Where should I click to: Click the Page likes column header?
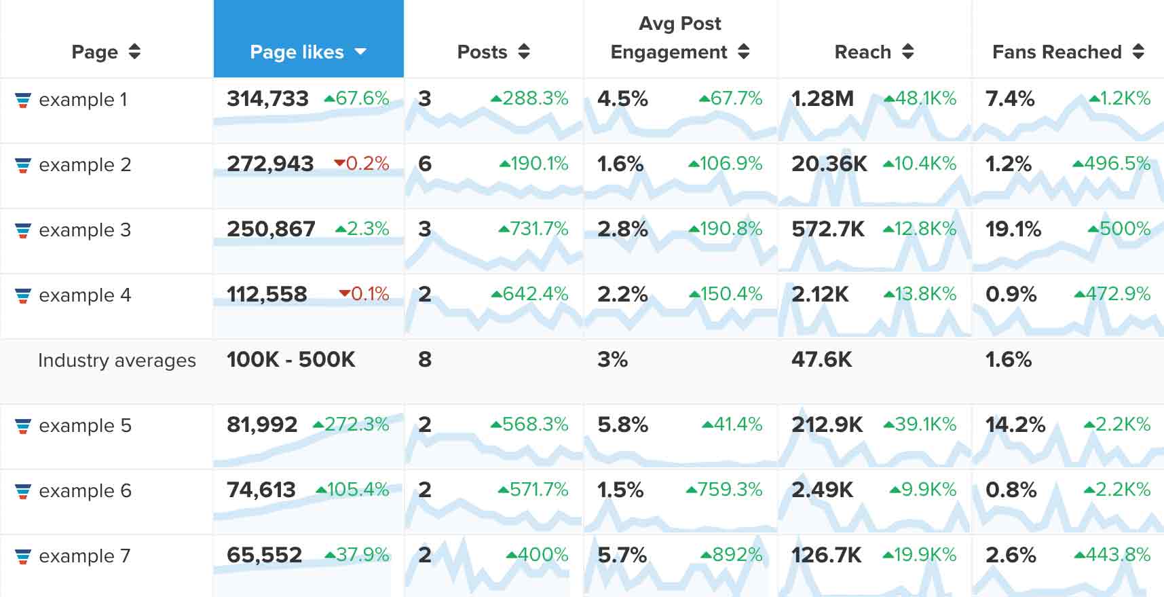click(x=307, y=52)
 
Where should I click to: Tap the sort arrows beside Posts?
click(x=523, y=52)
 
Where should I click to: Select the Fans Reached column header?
click(x=1067, y=52)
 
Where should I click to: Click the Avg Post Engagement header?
click(x=679, y=39)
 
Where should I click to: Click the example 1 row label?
click(x=83, y=100)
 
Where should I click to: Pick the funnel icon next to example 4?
click(x=23, y=295)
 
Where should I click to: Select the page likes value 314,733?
click(x=267, y=99)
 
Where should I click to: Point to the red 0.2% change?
click(x=362, y=164)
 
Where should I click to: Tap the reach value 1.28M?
click(x=822, y=99)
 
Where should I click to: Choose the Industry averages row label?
click(x=117, y=360)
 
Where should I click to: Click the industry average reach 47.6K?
click(x=821, y=359)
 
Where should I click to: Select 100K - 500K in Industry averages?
click(x=290, y=359)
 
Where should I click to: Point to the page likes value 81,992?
click(x=262, y=425)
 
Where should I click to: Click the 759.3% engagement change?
click(x=725, y=490)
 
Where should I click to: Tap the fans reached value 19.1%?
click(x=1013, y=230)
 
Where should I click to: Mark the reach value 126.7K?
click(x=826, y=556)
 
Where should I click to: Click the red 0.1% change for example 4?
click(x=364, y=294)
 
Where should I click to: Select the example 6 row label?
click(x=85, y=491)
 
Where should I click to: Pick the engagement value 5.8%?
click(x=622, y=425)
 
